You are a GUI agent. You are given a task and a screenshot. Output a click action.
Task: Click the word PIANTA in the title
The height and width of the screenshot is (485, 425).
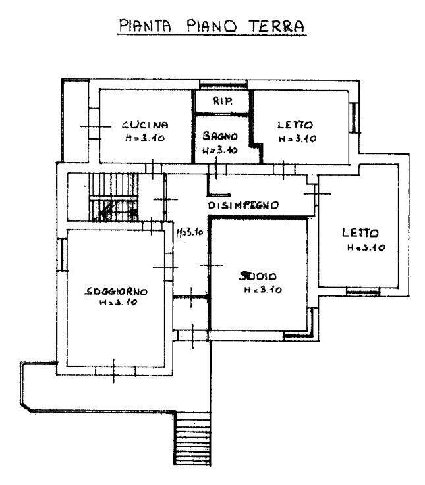tap(145, 26)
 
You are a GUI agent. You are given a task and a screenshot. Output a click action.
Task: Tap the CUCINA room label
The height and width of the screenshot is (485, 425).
tap(145, 125)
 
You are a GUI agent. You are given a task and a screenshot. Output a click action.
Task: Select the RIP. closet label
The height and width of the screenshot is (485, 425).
tap(223, 101)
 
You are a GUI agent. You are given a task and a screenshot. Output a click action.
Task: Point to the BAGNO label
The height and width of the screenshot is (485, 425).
tap(220, 136)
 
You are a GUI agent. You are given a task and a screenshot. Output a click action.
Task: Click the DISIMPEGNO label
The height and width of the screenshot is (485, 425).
tap(243, 205)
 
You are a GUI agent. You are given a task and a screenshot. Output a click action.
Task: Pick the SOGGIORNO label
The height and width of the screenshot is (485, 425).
tap(116, 292)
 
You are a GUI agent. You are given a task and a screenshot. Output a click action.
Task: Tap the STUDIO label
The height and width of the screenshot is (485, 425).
tap(258, 276)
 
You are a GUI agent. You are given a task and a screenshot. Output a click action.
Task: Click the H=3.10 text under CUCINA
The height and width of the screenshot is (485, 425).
tap(145, 138)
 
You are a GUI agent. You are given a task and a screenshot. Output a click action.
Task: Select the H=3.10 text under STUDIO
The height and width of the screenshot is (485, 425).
tap(263, 290)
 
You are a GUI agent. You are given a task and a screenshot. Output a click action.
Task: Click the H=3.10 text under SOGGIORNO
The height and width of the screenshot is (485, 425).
tap(118, 303)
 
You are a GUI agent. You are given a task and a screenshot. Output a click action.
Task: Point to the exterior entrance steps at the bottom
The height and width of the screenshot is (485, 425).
tap(192, 438)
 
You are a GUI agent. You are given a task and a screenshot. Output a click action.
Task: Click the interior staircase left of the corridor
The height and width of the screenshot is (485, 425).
tap(113, 197)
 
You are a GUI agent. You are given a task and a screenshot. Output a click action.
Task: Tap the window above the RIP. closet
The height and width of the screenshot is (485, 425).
tap(223, 84)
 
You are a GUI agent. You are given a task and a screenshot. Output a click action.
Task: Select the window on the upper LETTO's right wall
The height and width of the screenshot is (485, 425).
tap(354, 118)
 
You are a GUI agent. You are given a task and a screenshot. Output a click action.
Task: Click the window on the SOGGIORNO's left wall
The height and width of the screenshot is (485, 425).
tap(62, 255)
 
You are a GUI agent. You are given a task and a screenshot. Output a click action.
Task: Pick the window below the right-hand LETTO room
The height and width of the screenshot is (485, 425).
tap(363, 292)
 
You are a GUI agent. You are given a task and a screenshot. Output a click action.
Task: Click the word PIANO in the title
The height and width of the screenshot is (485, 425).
tap(211, 26)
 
